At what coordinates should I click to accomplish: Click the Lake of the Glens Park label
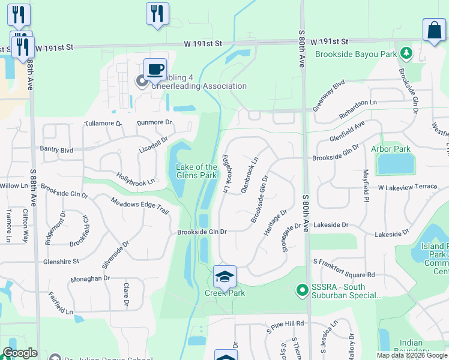[196, 171]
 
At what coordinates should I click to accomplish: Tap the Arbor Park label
[390, 149]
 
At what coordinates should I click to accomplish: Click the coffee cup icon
[155, 69]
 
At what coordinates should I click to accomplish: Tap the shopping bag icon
[434, 30]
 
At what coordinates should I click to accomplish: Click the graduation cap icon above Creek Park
[224, 277]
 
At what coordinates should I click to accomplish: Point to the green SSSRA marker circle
[303, 291]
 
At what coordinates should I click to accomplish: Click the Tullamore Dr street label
[103, 123]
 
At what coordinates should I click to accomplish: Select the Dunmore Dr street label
[154, 122]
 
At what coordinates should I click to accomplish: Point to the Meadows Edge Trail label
[140, 208]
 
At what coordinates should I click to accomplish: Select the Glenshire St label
[61, 262]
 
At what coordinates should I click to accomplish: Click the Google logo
[19, 353]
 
